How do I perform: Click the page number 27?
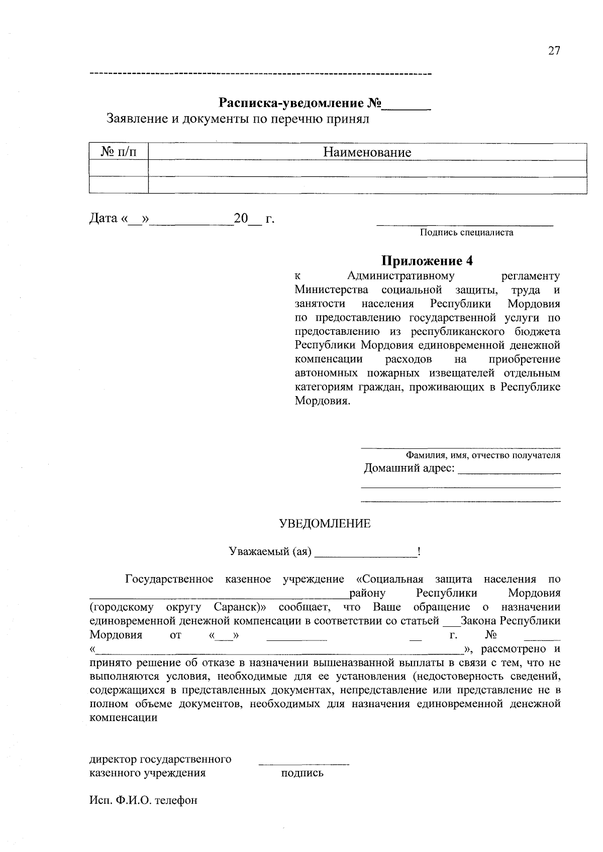coord(554,51)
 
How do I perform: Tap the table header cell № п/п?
coord(119,152)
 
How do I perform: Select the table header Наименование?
coord(367,152)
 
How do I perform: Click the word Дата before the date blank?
coord(103,219)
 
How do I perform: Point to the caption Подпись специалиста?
coord(466,233)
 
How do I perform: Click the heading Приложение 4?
coord(427,260)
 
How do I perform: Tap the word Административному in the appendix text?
coord(400,276)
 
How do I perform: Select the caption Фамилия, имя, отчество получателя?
coord(483,455)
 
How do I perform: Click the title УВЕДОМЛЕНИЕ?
coord(325,524)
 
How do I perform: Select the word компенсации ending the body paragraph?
coord(123,718)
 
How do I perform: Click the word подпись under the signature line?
coord(302,773)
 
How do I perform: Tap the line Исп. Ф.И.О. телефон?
coord(143,800)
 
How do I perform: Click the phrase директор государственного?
coord(160,759)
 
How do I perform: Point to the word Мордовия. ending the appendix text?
coord(322,401)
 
